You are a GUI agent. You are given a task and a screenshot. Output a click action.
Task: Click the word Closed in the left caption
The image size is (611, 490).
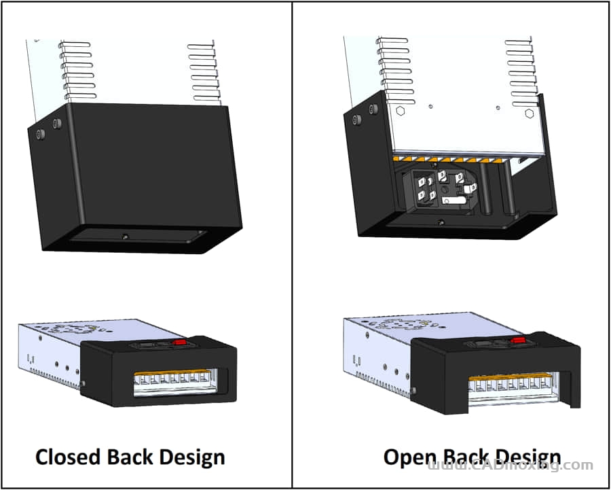68,456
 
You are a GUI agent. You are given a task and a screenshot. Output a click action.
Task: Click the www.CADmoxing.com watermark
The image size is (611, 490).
511,466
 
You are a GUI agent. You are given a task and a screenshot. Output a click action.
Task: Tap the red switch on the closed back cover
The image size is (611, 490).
180,343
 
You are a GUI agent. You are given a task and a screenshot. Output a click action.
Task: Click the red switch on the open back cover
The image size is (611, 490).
517,340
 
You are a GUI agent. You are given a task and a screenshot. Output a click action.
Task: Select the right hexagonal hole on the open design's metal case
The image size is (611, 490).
531,112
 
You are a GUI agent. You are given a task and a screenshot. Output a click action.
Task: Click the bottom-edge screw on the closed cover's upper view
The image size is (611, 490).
125,236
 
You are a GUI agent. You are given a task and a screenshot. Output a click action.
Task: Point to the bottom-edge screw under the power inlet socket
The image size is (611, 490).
442,222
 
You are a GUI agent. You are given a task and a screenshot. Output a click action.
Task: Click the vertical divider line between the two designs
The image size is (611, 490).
292,245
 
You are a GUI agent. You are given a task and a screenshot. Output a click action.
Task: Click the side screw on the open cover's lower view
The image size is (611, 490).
413,389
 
